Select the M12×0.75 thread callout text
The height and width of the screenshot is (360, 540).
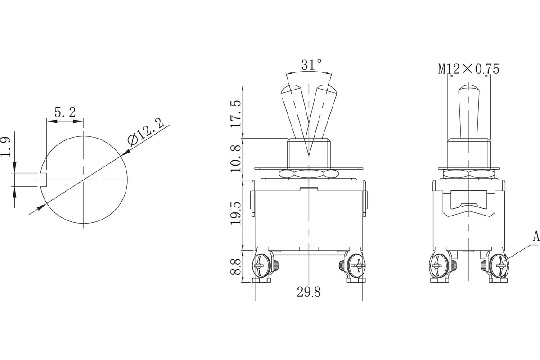coord(468,69)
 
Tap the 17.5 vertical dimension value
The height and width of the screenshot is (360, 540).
coord(236,113)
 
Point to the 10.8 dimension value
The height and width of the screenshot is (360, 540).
coord(236,159)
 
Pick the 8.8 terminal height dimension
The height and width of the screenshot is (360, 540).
coord(236,266)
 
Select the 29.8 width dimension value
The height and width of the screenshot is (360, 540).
coord(309,292)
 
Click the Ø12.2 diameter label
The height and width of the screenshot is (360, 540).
coord(146,132)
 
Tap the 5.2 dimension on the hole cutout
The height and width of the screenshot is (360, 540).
coord(65,112)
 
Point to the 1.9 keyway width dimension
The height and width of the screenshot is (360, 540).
coord(5,147)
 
